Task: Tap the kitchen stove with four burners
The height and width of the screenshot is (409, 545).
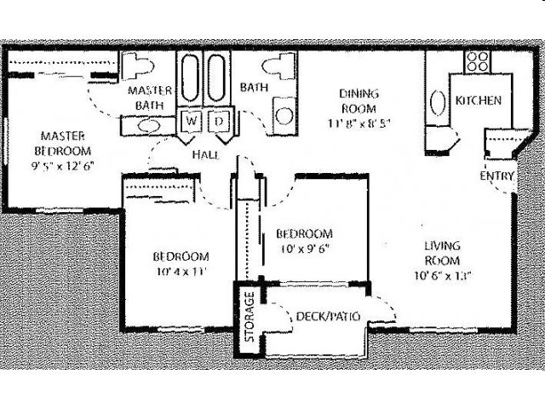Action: (x=478, y=61)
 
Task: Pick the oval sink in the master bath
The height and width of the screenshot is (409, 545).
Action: (x=147, y=125)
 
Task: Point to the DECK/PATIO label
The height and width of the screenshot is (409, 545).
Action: (x=327, y=317)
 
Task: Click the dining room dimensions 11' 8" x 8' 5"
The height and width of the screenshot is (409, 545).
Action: (x=359, y=121)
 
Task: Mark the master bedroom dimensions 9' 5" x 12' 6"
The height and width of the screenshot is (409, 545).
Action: (x=60, y=165)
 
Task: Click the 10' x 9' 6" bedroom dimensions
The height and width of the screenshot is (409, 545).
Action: (x=303, y=249)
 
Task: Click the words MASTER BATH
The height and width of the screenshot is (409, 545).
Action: (x=150, y=97)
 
